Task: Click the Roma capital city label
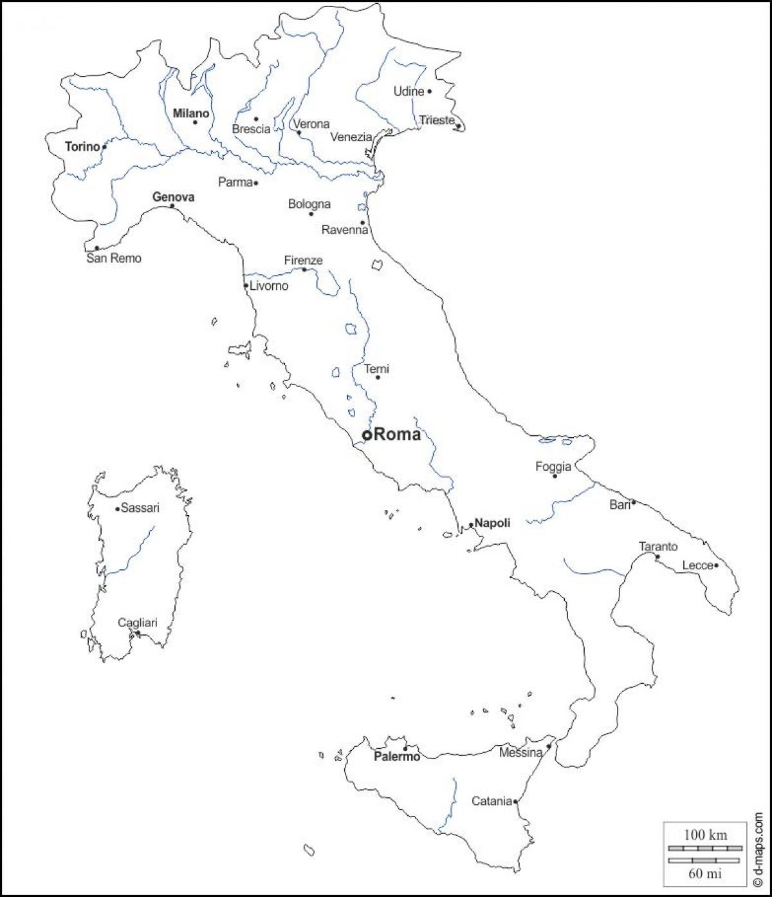click(397, 435)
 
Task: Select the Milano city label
click(191, 113)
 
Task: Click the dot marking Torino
click(105, 147)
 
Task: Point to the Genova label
click(173, 197)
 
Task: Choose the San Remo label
click(114, 258)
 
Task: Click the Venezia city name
click(351, 137)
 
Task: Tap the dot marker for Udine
click(430, 91)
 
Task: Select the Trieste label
click(437, 120)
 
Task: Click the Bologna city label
click(309, 204)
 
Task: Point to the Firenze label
click(304, 260)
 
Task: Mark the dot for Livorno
click(246, 286)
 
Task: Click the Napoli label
click(492, 523)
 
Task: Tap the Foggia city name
click(553, 466)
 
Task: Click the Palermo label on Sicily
click(397, 757)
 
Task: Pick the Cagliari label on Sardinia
click(137, 623)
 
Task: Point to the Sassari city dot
click(117, 509)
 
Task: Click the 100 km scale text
click(706, 835)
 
